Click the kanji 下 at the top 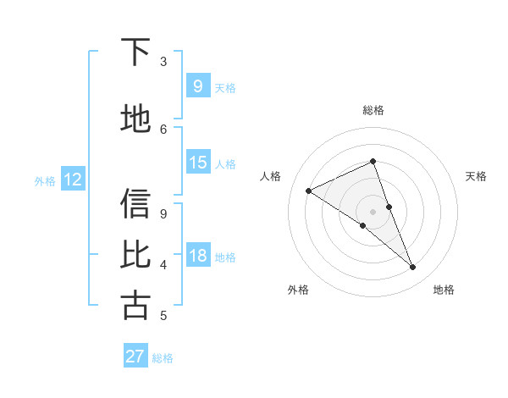click(136, 53)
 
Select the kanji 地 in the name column click(136, 119)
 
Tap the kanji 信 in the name click(136, 204)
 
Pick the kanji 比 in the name click(136, 255)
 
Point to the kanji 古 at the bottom click(136, 305)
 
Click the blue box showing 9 click(197, 86)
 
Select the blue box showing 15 click(198, 163)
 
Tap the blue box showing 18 click(198, 256)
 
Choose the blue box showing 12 click(72, 180)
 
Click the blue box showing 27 click(135, 357)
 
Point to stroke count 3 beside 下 click(163, 62)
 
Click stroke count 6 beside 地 click(163, 129)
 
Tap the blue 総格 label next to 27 click(163, 358)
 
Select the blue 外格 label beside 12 click(45, 180)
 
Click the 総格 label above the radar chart click(373, 110)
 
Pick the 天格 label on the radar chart click(477, 176)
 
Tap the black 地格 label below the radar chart click(444, 290)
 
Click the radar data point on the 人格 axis click(308, 191)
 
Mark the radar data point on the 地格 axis click(413, 268)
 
